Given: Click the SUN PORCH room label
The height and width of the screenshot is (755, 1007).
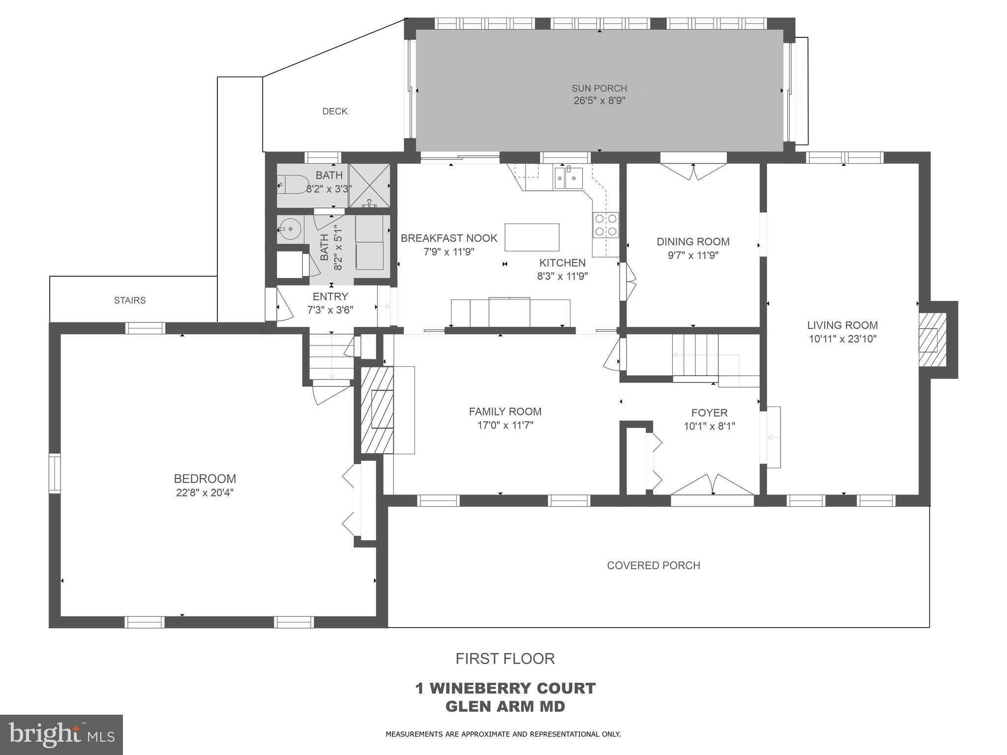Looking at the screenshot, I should coord(599,88).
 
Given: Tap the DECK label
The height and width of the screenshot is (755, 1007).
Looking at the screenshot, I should coord(335,112).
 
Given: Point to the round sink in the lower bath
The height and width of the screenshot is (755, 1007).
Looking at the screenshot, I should coord(289,229).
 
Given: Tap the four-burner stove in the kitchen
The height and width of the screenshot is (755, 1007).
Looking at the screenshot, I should coord(605,225).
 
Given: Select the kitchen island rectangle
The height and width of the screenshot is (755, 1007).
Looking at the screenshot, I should coord(532,237).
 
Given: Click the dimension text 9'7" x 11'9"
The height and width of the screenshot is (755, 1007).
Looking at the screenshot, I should coord(693,255).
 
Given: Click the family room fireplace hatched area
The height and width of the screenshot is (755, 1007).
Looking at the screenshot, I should coord(377,410).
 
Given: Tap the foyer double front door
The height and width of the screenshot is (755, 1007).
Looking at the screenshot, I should coord(712,486).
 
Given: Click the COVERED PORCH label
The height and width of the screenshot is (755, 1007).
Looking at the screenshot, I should coord(653,565).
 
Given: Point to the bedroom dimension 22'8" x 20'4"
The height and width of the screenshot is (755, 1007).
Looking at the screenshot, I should coord(205,493).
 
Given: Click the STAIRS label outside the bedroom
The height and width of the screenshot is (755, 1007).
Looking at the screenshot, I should coord(130,300).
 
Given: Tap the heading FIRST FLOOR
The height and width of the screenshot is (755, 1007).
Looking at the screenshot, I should coord(505,659).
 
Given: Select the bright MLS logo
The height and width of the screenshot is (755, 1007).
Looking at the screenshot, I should coord(61,735).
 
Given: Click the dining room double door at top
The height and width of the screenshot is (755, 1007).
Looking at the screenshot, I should coord(693,172).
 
